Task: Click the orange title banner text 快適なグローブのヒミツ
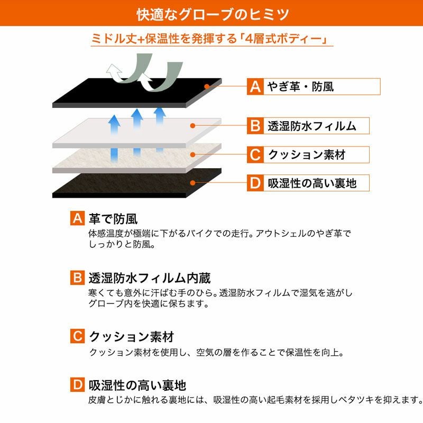click(213, 14)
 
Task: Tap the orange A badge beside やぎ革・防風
click(255, 87)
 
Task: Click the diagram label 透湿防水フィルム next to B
click(312, 126)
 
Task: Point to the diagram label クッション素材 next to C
click(307, 154)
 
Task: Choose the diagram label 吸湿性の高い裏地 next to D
click(312, 183)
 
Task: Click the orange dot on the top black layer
click(207, 86)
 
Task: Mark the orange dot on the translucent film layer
click(192, 126)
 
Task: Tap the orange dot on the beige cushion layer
click(192, 154)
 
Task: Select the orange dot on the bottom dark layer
click(192, 183)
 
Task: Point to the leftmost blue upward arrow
click(114, 138)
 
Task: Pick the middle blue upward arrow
click(137, 132)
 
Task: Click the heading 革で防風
click(113, 219)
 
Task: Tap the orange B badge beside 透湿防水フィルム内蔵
click(77, 278)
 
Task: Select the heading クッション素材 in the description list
click(132, 336)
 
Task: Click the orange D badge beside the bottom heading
click(77, 384)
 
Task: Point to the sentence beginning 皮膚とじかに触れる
click(255, 400)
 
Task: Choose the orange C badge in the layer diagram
click(255, 154)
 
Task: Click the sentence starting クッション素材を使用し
click(216, 352)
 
